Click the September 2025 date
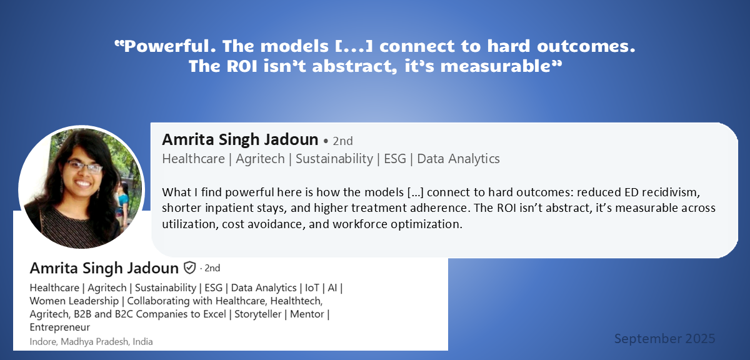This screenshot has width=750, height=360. tap(664, 339)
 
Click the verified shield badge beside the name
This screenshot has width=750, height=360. tap(190, 268)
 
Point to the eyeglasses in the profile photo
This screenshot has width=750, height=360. tap(84, 166)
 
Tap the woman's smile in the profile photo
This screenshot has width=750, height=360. tap(82, 183)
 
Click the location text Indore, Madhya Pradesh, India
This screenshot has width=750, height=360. tap(91, 342)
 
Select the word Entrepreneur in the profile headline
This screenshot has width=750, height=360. tap(59, 327)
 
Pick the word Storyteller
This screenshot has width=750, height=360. tap(257, 314)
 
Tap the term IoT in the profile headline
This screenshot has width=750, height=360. tap(312, 287)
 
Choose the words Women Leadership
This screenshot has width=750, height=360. tap(74, 301)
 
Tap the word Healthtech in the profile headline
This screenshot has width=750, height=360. tap(296, 301)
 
